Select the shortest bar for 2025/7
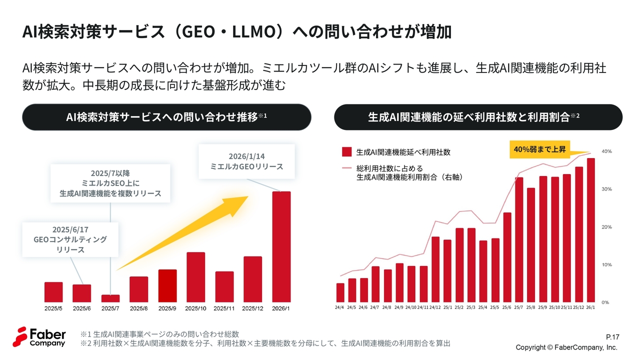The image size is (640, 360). (110, 298)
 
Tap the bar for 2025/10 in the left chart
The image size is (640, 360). (195, 277)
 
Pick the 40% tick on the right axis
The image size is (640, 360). (606, 151)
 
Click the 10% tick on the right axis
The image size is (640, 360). (606, 264)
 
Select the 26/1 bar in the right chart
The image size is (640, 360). (590, 230)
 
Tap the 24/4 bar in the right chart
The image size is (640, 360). (340, 292)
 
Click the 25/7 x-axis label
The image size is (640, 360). (518, 307)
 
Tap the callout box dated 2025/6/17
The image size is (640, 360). (70, 239)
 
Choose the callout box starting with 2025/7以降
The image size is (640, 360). (110, 183)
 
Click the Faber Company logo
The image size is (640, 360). (39, 336)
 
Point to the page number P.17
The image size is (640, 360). (612, 336)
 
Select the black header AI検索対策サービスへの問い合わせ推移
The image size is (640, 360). (167, 117)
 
